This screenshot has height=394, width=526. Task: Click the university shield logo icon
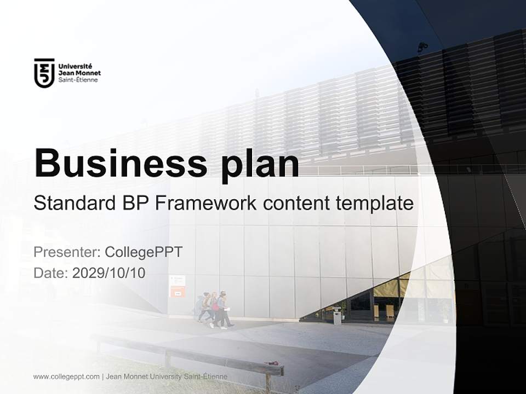(44, 73)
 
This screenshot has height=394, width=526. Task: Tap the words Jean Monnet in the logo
(79, 73)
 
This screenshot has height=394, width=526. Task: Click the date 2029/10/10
(108, 273)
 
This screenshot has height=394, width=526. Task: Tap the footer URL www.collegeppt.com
(66, 376)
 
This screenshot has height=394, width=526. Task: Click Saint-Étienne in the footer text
(207, 376)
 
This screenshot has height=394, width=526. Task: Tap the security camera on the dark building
(422, 47)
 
